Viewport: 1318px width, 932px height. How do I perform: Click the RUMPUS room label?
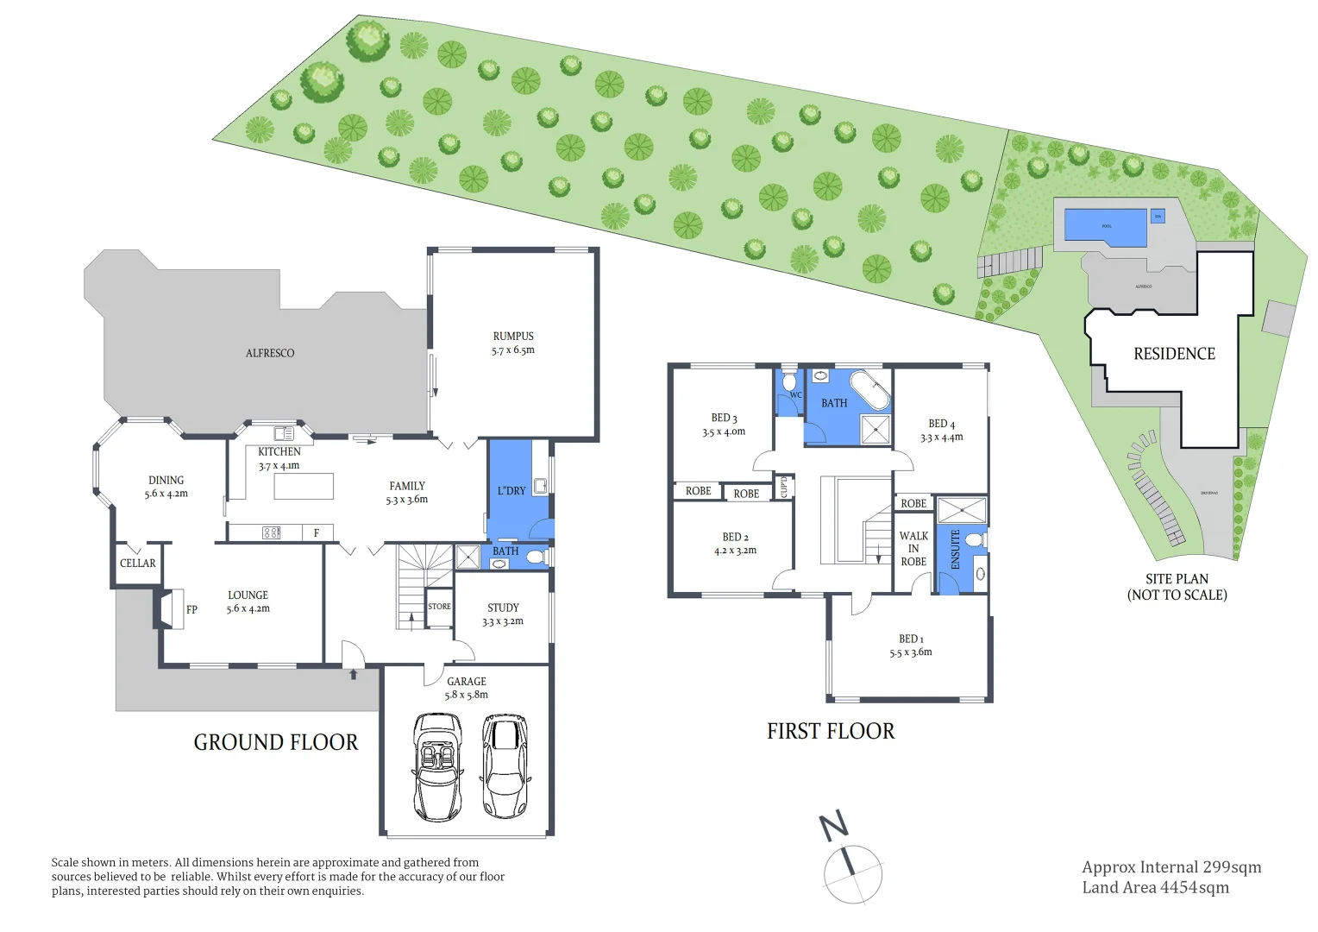[x=513, y=337]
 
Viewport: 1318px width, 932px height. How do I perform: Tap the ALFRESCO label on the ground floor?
[x=270, y=353]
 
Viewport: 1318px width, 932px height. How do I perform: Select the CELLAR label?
[x=138, y=564]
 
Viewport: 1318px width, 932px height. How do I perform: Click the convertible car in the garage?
[x=438, y=766]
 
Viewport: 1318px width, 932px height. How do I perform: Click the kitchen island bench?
[x=304, y=487]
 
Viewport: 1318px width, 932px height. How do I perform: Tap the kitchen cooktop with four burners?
[x=271, y=533]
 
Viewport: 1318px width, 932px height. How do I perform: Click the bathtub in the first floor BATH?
[x=869, y=391]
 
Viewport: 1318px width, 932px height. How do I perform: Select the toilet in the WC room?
[x=789, y=381]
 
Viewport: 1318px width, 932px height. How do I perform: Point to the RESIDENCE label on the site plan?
[x=1174, y=354]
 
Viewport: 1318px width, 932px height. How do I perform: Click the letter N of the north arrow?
[x=833, y=826]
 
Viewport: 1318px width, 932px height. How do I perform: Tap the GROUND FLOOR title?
[x=275, y=742]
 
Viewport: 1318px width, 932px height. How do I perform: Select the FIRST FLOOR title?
[x=831, y=732]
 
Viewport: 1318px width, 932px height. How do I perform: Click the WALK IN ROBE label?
[x=913, y=549]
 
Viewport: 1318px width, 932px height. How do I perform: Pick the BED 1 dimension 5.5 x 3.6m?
[x=911, y=652]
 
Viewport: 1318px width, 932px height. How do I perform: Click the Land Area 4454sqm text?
[x=1155, y=888]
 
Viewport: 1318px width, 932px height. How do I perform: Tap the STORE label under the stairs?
[x=439, y=607]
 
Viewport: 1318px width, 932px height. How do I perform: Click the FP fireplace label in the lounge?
[x=191, y=609]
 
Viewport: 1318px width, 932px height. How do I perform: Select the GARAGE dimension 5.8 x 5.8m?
[x=466, y=695]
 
